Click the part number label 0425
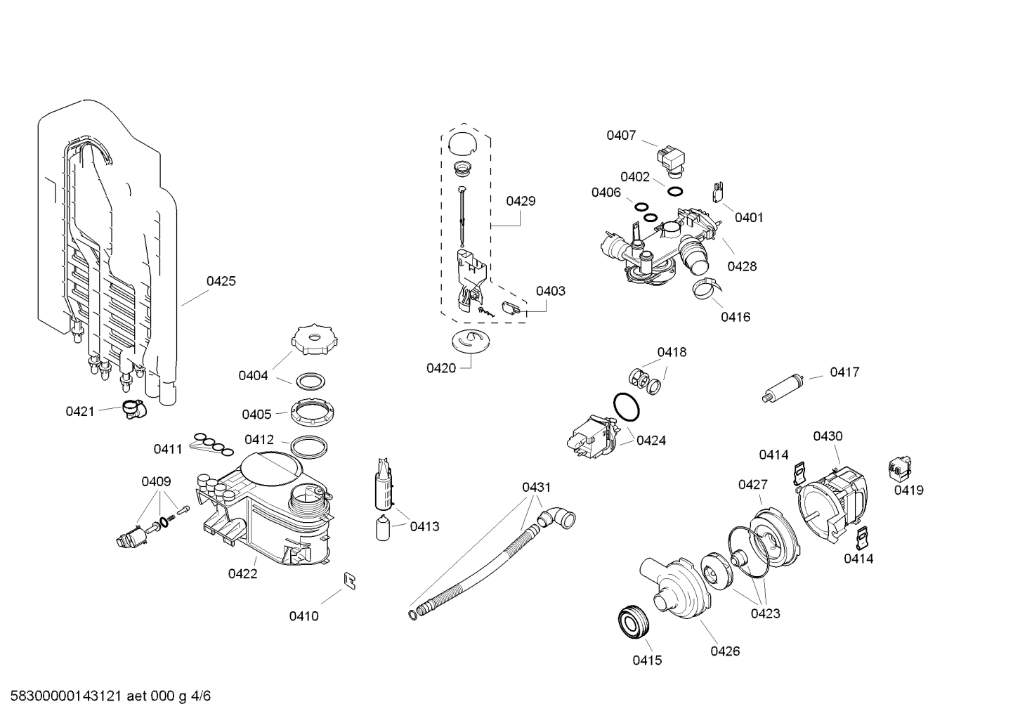tap(221, 281)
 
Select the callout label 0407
tap(621, 135)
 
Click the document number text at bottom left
tap(105, 696)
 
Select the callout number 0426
tap(724, 651)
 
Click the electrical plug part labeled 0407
tap(670, 158)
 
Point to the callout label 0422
tap(242, 573)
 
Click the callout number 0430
tap(828, 436)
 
